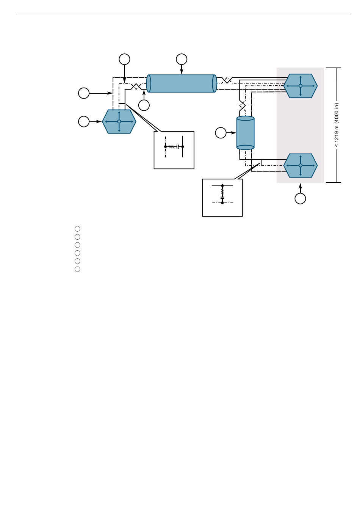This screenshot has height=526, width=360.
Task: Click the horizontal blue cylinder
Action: pyautogui.click(x=182, y=83)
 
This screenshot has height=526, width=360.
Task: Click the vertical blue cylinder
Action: pyautogui.click(x=245, y=133)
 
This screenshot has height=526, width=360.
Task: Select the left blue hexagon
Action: pyautogui.click(x=119, y=121)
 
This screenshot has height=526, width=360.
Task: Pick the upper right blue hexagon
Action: pyautogui.click(x=300, y=86)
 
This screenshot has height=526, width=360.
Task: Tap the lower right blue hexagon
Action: pyautogui.click(x=300, y=166)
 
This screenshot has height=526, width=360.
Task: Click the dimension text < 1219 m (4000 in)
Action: pyautogui.click(x=337, y=125)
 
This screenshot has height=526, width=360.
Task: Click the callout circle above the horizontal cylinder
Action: pyautogui.click(x=182, y=59)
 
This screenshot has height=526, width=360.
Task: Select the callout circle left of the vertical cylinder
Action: pyautogui.click(x=221, y=133)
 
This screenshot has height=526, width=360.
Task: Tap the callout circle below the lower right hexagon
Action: pyautogui.click(x=300, y=199)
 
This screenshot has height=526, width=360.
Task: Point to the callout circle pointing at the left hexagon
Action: pyautogui.click(x=84, y=122)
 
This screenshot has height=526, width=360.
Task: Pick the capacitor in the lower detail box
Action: pyautogui.click(x=222, y=198)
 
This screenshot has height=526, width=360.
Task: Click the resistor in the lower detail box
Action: pyautogui.click(x=222, y=191)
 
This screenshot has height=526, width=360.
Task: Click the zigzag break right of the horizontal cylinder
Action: pyautogui.click(x=226, y=80)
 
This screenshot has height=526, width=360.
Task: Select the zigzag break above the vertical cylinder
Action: pyautogui.click(x=243, y=104)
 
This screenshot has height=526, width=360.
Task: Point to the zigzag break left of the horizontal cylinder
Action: pyautogui.click(x=136, y=86)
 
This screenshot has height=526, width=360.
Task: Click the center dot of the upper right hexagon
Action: pyautogui.click(x=300, y=86)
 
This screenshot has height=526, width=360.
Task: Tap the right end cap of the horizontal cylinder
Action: pyautogui.click(x=214, y=83)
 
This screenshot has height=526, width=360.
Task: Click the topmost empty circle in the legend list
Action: pyautogui.click(x=77, y=229)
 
